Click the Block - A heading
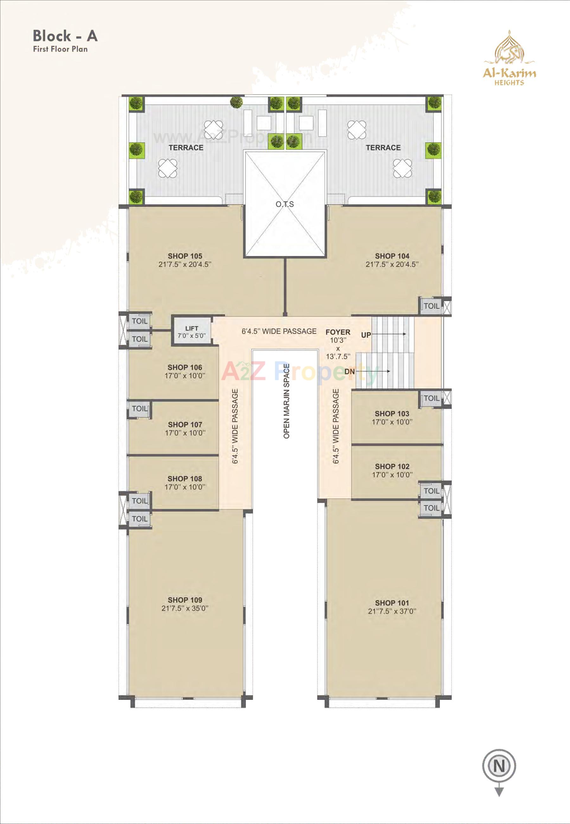point(65,36)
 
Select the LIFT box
point(192,332)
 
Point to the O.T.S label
point(285,204)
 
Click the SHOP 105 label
point(185,256)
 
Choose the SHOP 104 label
point(392,256)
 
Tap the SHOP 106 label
point(185,367)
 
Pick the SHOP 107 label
point(185,425)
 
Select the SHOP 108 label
point(185,479)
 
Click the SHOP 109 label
point(185,600)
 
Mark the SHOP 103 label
point(392,414)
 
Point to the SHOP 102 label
point(392,467)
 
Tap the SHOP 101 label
point(392,603)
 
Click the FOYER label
point(338,332)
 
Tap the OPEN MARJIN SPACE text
point(286,401)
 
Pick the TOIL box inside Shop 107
point(139,409)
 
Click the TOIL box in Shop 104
point(431,306)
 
